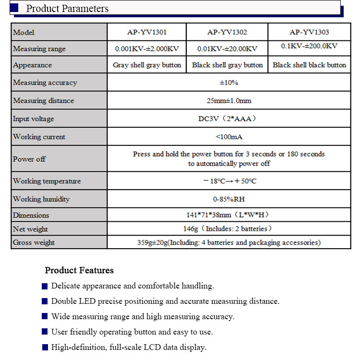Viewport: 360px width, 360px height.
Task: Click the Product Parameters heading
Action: pyautogui.click(x=67, y=9)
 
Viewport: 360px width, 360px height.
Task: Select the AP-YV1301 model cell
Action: pyautogui.click(x=147, y=32)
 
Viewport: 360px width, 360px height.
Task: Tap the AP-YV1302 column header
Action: pyautogui.click(x=227, y=32)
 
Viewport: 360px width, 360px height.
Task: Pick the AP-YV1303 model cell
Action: pyautogui.click(x=309, y=32)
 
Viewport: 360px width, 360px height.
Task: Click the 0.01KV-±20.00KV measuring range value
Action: pyautogui.click(x=227, y=48)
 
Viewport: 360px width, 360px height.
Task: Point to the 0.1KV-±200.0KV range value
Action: pyautogui.click(x=309, y=46)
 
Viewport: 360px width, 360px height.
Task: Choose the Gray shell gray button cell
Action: pyautogui.click(x=147, y=65)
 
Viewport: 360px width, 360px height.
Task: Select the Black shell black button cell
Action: pyautogui.click(x=309, y=65)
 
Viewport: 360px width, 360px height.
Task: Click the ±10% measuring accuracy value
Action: pyautogui.click(x=229, y=83)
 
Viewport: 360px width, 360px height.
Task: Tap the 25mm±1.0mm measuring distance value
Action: pyautogui.click(x=229, y=101)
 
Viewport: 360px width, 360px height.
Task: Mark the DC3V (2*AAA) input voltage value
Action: pyautogui.click(x=229, y=119)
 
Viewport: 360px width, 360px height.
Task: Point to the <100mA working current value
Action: pyautogui.click(x=229, y=137)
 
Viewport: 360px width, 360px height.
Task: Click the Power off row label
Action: pyautogui.click(x=29, y=159)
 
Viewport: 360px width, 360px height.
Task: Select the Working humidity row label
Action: pyautogui.click(x=41, y=199)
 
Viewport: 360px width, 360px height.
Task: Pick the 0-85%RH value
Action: pyautogui.click(x=229, y=199)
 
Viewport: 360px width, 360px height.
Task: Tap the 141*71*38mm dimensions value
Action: pyautogui.click(x=229, y=215)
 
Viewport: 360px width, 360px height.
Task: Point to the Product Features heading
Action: pyautogui.click(x=79, y=270)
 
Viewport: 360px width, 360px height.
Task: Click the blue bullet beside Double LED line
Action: pyautogui.click(x=45, y=301)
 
